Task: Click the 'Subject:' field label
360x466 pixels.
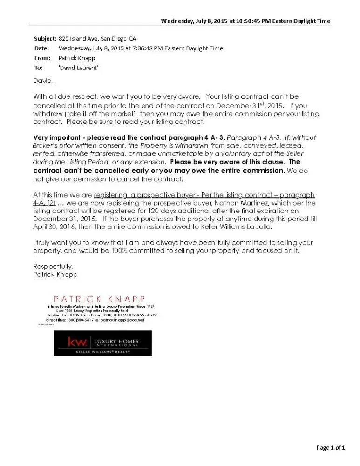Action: point(45,39)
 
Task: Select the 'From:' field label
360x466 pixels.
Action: point(42,58)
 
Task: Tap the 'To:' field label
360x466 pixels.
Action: point(38,68)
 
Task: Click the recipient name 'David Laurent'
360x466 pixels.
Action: point(79,68)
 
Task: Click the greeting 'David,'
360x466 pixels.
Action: point(43,81)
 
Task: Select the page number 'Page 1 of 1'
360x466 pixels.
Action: point(331,448)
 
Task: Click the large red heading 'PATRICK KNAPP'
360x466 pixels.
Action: point(100,299)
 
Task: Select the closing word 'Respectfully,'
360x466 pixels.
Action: point(53,267)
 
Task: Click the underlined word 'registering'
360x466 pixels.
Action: point(110,195)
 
